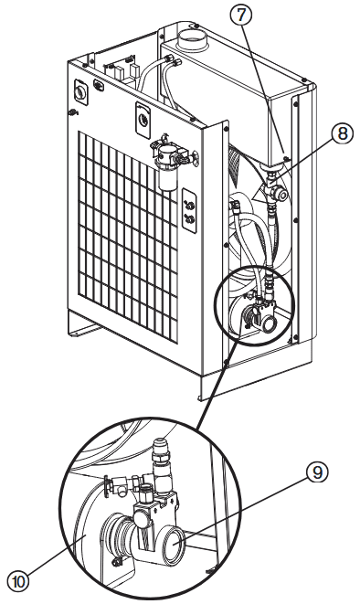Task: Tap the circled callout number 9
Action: point(317,472)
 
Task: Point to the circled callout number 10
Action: point(18,581)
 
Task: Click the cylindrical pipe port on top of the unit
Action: point(192,38)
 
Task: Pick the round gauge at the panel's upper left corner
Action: point(80,91)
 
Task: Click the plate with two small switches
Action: point(189,212)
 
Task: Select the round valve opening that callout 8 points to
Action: point(282,196)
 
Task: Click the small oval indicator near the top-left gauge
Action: point(98,86)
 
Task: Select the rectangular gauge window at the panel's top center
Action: point(143,120)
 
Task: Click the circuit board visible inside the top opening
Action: point(122,70)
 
